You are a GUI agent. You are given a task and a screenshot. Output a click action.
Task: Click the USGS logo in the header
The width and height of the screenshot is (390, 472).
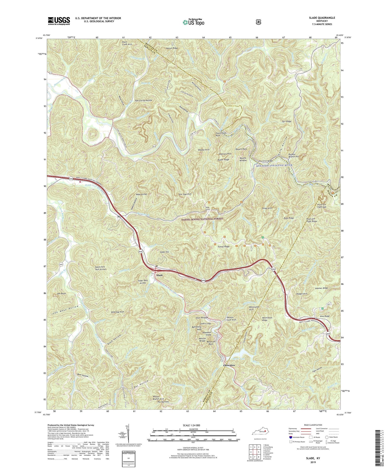click(59, 21)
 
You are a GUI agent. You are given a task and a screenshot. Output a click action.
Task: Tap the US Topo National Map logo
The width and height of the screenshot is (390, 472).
click(193, 22)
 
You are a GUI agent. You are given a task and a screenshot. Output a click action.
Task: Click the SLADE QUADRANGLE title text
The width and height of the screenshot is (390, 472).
click(323, 18)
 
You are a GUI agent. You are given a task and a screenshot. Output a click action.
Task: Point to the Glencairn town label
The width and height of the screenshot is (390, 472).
click(229, 365)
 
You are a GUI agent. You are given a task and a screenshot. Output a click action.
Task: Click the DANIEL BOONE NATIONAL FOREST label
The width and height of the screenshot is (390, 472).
click(202, 219)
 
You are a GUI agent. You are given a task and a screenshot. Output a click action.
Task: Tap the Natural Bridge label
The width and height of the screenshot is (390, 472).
click(202, 340)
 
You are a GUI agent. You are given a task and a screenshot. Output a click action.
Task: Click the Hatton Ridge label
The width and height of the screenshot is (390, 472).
click(172, 48)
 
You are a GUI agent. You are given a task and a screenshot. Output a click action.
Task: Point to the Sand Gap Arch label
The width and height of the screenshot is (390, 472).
click(118, 312)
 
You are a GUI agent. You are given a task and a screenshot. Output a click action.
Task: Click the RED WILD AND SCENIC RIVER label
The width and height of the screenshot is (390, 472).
click(275, 165)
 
